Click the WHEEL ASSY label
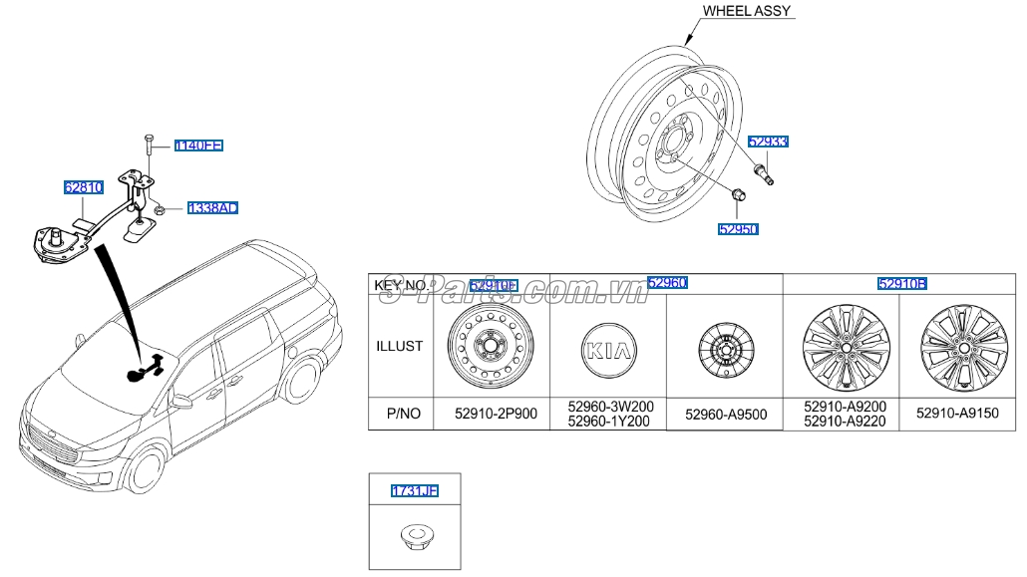point(747,11)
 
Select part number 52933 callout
point(768,142)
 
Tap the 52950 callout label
point(738,229)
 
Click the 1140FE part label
point(197,145)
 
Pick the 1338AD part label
point(211,208)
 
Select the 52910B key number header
point(902,284)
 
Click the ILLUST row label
point(400,347)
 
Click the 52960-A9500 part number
point(724,414)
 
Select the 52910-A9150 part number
point(957,413)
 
